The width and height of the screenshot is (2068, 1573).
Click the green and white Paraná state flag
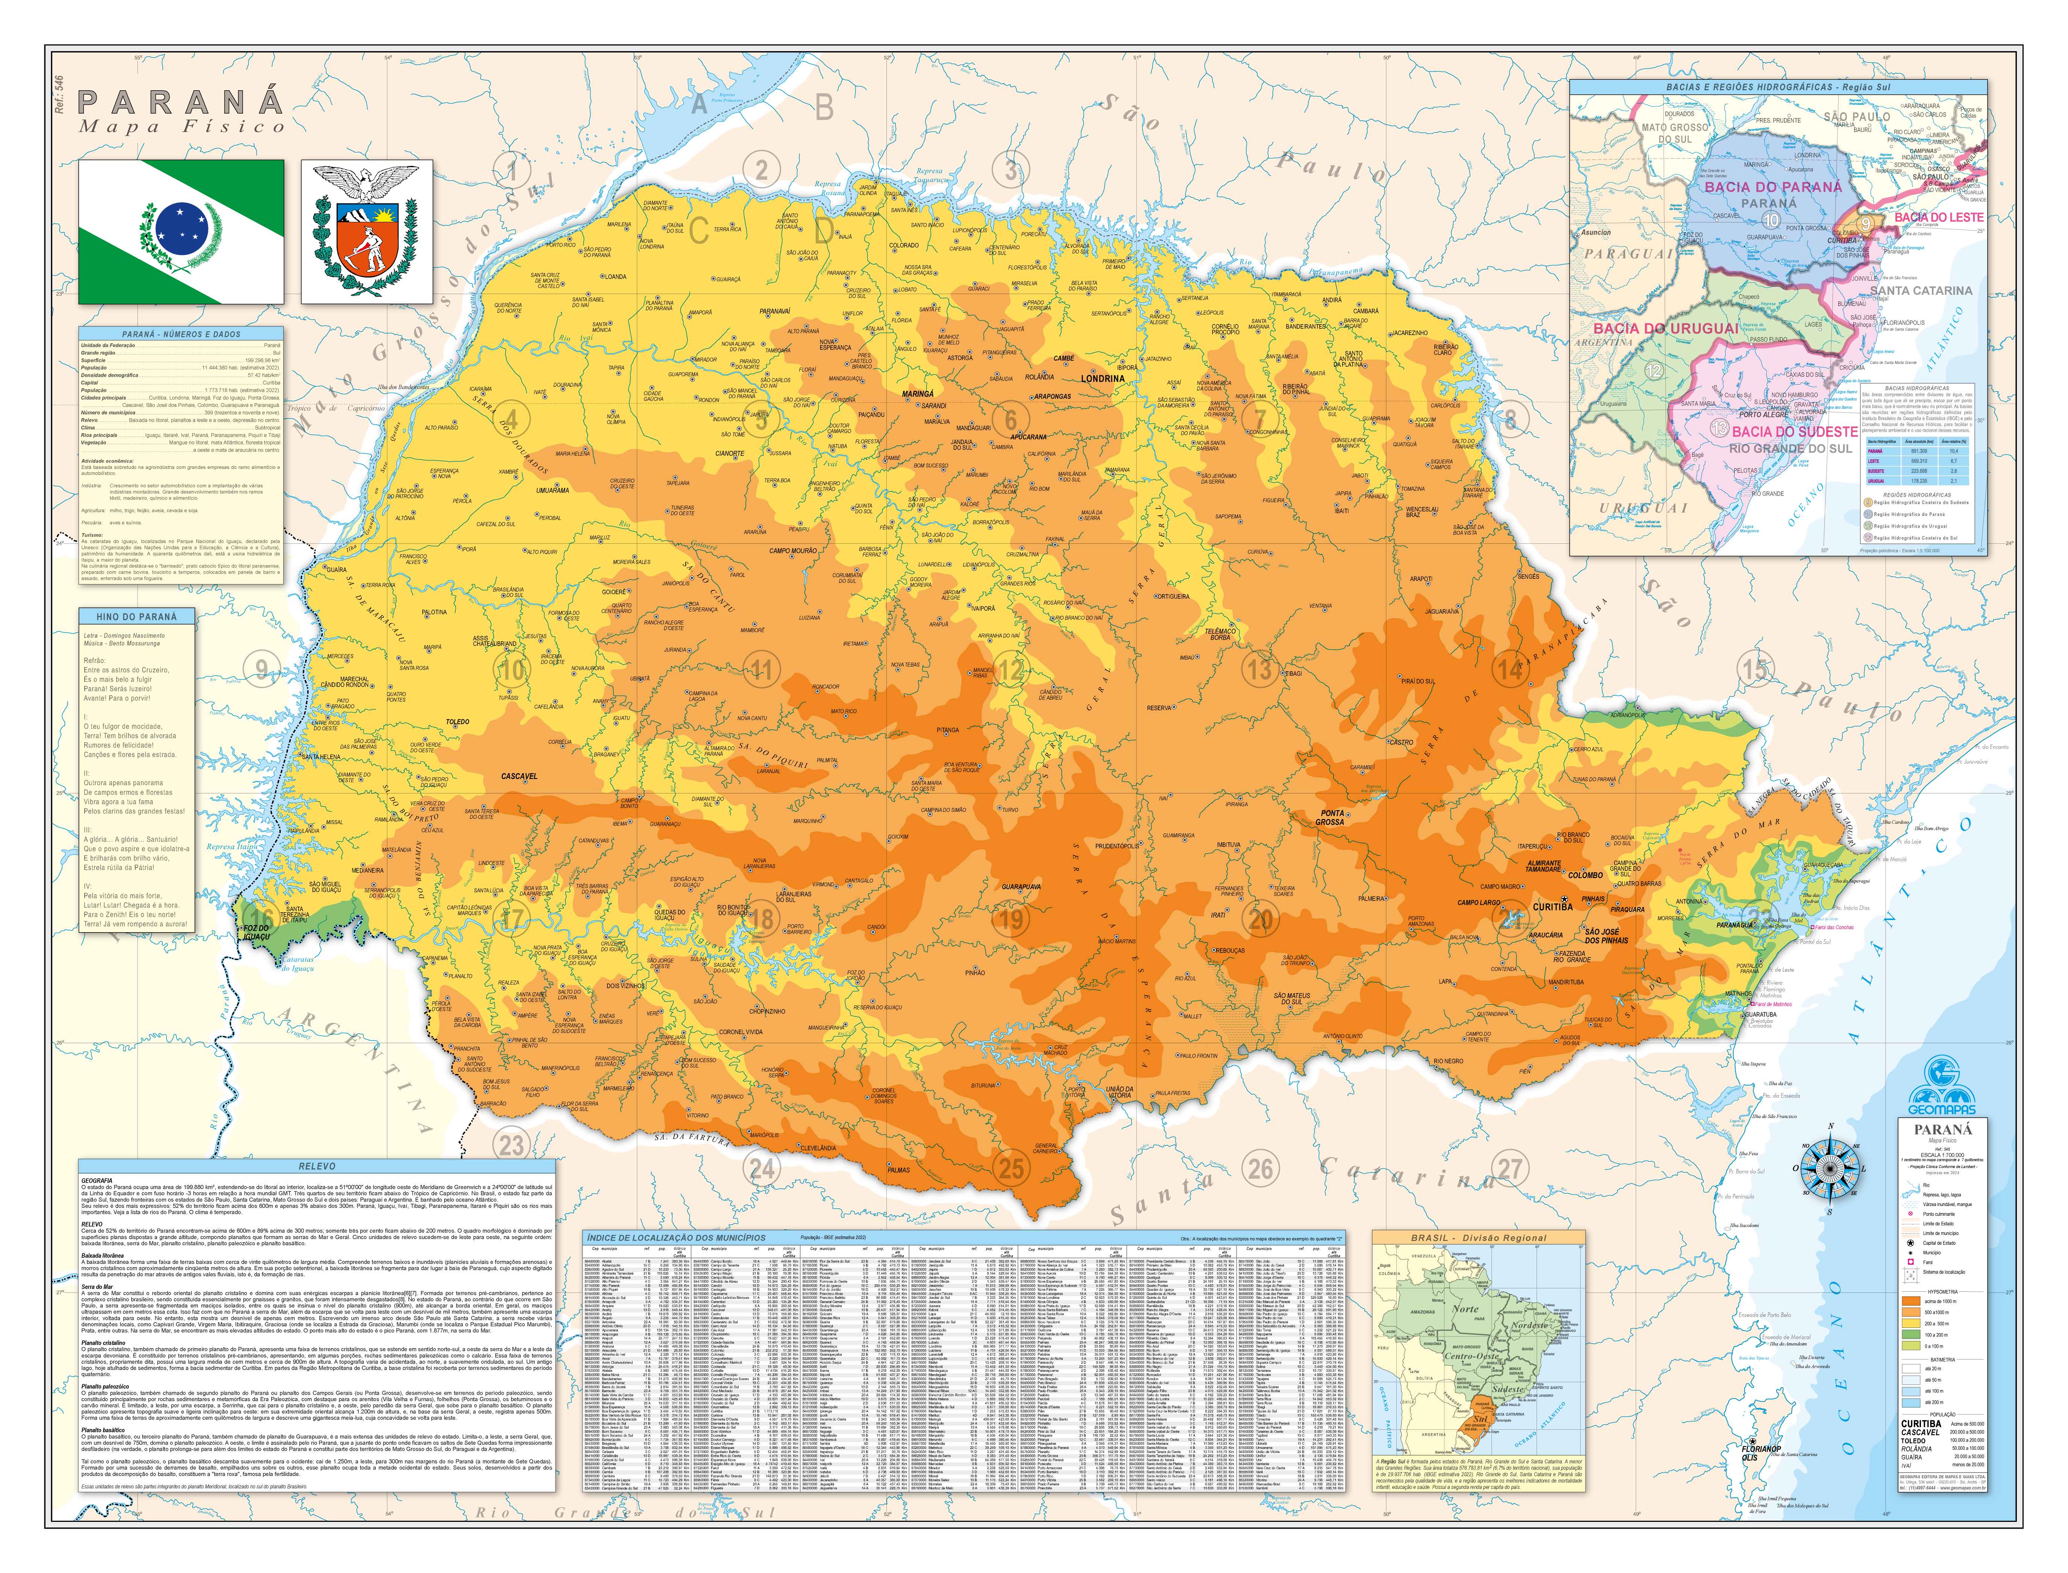[x=181, y=231]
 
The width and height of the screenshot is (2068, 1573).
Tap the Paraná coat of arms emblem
[x=366, y=231]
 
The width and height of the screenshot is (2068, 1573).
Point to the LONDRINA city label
[x=1102, y=378]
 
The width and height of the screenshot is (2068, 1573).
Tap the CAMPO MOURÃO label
[x=793, y=551]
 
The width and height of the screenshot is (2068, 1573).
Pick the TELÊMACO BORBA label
[x=1220, y=634]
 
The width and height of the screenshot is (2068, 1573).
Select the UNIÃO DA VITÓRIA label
[x=1120, y=1092]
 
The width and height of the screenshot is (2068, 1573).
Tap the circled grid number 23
[x=511, y=1144]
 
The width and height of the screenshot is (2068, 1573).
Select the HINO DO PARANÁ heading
[x=136, y=616]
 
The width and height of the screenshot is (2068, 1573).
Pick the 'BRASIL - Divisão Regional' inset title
[x=1478, y=1238]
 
